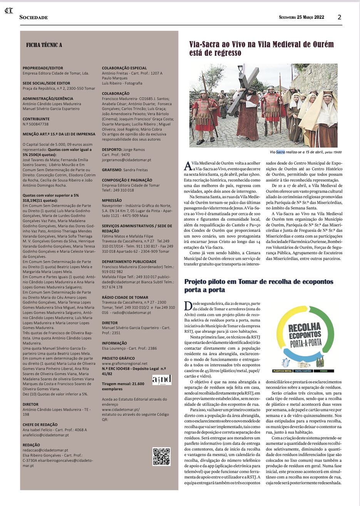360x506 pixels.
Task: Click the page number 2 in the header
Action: click(339, 17)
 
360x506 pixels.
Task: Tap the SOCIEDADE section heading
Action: click(34, 17)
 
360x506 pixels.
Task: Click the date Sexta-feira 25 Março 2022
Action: click(301, 17)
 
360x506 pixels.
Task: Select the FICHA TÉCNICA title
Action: click(44, 45)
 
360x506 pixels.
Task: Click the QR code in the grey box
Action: click(161, 456)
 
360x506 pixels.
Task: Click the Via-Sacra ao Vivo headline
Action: click(261, 49)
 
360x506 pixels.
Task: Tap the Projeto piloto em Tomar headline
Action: click(259, 285)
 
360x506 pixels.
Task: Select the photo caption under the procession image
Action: click(306, 152)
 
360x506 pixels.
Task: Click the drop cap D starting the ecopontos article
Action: click(188, 306)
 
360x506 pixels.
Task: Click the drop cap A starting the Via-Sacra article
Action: click(188, 166)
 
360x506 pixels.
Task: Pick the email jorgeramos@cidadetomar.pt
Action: click(126, 160)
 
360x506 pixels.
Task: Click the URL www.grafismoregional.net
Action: click(124, 363)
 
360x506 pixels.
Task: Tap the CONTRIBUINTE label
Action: click(36, 119)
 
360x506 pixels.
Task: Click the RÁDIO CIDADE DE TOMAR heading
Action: click(125, 297)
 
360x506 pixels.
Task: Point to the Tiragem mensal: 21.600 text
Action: click(123, 384)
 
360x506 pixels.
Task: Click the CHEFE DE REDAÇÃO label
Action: click(40, 425)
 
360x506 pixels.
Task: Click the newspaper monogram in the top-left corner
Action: click(8, 10)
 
